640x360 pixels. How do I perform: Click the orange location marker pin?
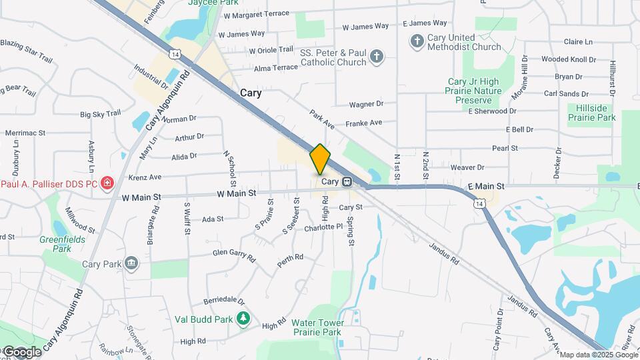320,159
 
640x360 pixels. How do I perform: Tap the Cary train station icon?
347,181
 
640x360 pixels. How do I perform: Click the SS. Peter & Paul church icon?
377,56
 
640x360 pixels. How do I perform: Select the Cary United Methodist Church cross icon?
417,42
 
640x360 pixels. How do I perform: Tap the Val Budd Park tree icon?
244,319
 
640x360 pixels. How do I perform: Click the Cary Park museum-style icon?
131,263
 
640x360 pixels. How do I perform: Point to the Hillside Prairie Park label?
592,112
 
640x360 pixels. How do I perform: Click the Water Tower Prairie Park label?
316,327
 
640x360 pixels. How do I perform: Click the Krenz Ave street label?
145,177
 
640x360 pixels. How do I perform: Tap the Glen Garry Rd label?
234,254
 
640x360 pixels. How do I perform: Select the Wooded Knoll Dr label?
564,59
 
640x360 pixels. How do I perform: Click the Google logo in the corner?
22,351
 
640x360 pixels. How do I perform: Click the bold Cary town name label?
250,94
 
